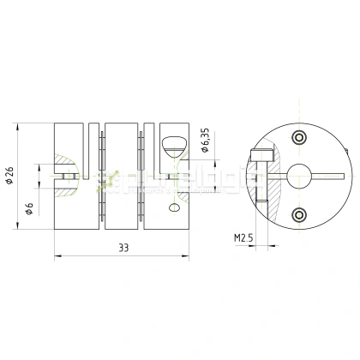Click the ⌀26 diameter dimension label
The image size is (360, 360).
tap(9, 175)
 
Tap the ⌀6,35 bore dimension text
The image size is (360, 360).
tap(205, 141)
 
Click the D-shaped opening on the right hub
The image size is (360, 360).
tap(171, 139)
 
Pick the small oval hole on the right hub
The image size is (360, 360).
tap(174, 207)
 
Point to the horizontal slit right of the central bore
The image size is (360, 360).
tap(330, 177)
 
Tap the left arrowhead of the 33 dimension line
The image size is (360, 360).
tap(57, 255)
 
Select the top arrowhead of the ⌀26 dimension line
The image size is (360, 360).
tap(17, 125)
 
